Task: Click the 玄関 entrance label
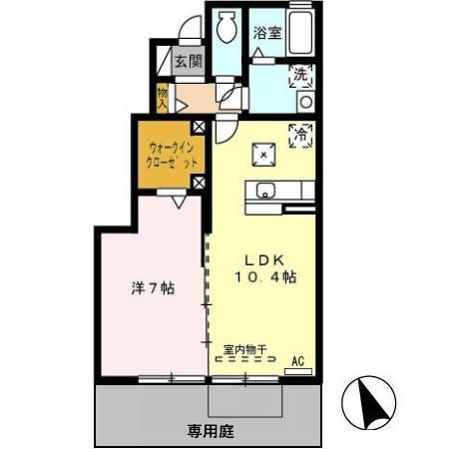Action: pos(187,61)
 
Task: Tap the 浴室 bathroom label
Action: pos(265,33)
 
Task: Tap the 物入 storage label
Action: pos(162,97)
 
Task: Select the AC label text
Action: pos(296,360)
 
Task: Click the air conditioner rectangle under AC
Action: pos(297,370)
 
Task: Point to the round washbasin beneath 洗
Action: pos(305,100)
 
